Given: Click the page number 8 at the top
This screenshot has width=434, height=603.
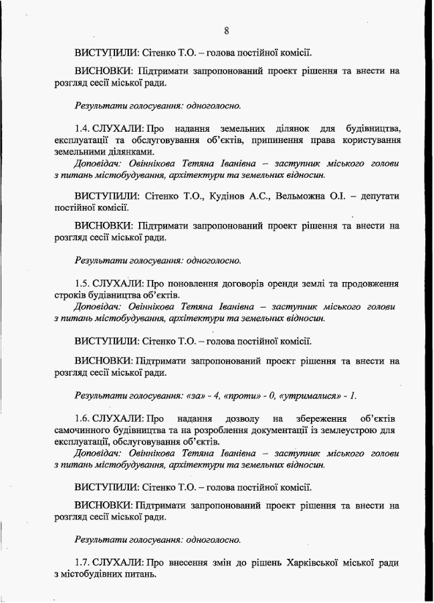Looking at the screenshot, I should coord(227,30).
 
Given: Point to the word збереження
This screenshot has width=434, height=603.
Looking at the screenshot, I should coord(330,418).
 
